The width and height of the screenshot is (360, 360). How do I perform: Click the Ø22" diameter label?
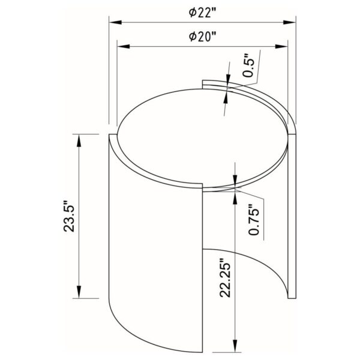(203, 13)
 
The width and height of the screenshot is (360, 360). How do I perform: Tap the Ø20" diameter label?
(203, 37)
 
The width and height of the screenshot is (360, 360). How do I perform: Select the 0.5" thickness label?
(249, 65)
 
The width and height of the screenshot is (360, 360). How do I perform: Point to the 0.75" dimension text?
(254, 220)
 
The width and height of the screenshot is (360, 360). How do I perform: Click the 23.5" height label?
(69, 216)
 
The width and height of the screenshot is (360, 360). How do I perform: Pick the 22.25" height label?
(225, 278)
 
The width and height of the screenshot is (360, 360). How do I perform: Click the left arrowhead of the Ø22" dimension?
(115, 23)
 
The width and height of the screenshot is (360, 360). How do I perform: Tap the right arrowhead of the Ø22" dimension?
(290, 23)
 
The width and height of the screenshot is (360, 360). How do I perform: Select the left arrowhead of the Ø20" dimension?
(124, 46)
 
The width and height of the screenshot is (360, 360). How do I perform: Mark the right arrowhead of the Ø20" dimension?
(281, 46)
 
